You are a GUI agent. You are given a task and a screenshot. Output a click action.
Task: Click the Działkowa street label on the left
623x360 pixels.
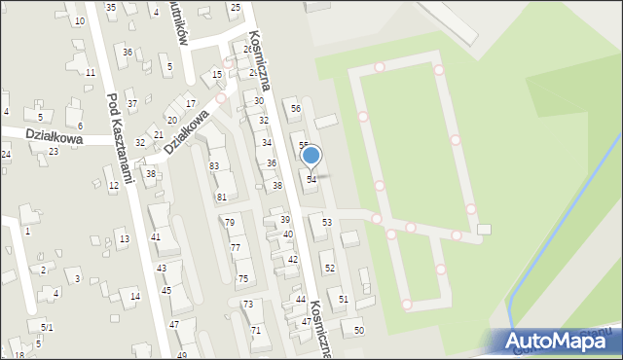click(54, 138)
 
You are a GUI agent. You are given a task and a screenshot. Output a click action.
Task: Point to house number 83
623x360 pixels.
click(213, 166)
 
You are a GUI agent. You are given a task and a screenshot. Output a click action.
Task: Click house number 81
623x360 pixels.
click(221, 198)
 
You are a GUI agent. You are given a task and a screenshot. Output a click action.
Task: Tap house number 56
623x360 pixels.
click(295, 108)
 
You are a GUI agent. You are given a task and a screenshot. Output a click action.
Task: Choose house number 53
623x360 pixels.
click(327, 223)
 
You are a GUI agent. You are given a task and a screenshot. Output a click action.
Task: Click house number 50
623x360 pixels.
click(358, 331)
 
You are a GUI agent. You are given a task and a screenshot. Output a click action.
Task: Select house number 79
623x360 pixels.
click(229, 223)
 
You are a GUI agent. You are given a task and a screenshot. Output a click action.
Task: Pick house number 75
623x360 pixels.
click(242, 278)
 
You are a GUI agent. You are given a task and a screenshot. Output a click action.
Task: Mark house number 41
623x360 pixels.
click(155, 237)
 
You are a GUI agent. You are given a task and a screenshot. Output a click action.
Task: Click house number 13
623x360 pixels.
click(124, 239)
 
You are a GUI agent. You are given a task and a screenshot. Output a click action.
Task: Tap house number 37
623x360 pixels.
click(132, 103)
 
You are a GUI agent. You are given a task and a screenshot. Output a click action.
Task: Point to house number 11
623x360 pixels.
click(90, 72)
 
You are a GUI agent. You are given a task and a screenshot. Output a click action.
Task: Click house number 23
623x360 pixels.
click(53, 152)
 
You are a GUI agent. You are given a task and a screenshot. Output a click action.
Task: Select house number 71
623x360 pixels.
click(255, 331)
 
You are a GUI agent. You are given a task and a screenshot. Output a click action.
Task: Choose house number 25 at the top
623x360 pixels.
click(235, 7)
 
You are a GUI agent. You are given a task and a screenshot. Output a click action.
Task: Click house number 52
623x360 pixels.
click(329, 268)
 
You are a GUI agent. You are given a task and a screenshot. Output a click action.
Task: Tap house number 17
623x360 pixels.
click(191, 103)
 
